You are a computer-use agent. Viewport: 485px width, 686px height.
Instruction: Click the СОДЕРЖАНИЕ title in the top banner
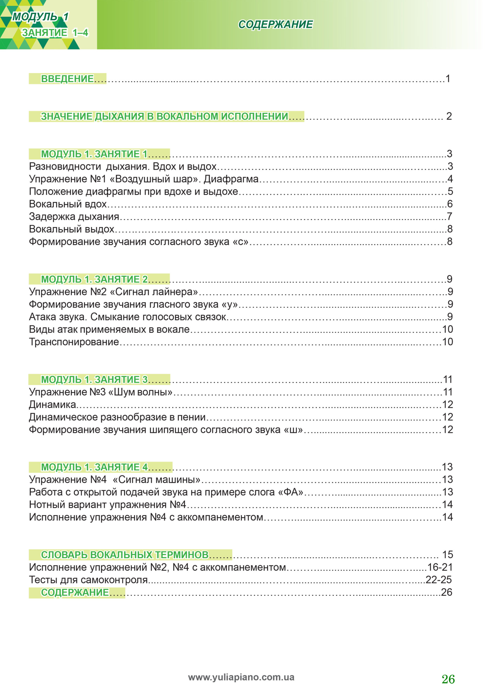click(275, 24)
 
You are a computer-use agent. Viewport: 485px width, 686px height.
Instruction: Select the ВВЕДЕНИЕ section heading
click(67, 79)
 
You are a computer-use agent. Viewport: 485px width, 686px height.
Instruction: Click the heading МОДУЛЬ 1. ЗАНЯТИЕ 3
click(94, 379)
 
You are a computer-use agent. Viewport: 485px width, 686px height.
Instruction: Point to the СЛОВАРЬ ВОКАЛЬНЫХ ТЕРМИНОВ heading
click(125, 554)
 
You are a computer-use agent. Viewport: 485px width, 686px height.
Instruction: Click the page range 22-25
click(438, 580)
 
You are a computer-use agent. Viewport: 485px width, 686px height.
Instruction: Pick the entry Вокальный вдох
click(68, 204)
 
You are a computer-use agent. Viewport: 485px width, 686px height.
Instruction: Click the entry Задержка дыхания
click(74, 217)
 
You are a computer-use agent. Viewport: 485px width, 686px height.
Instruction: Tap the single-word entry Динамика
click(52, 405)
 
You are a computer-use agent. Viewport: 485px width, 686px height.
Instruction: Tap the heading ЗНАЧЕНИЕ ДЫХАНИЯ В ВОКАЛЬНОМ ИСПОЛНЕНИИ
click(164, 117)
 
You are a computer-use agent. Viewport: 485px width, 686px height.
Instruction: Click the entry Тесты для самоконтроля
click(88, 580)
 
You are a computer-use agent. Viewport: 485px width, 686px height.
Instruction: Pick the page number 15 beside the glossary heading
click(447, 554)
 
